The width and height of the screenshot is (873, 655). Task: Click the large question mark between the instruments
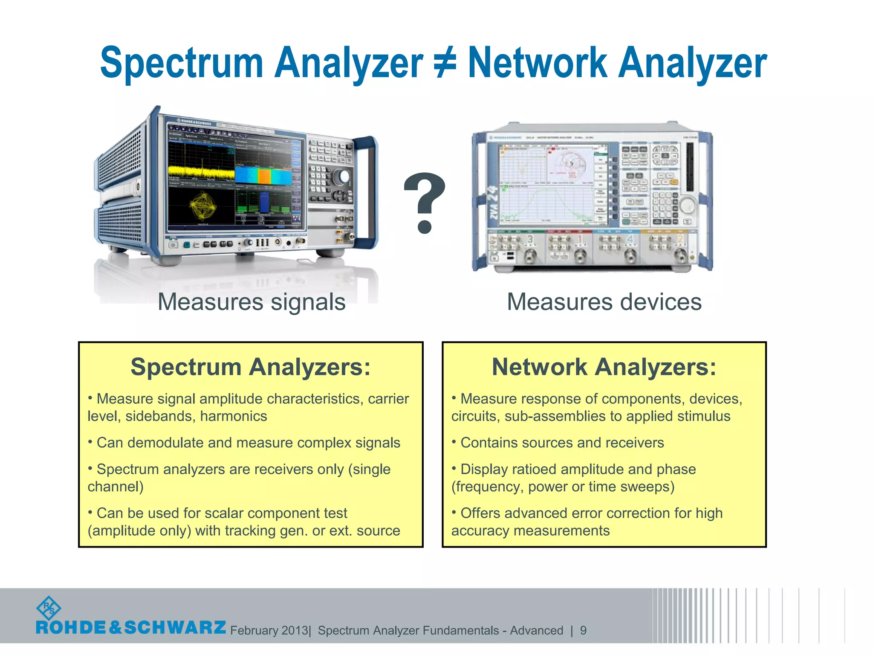424,203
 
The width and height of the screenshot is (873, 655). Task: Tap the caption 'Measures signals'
251,302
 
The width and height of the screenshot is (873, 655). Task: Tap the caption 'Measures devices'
604,302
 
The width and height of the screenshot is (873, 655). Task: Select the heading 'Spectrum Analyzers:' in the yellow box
251,367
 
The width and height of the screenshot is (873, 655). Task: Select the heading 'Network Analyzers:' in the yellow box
604,367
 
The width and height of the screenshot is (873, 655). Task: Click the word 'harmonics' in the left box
234,416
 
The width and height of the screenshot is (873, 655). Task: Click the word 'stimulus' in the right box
704,416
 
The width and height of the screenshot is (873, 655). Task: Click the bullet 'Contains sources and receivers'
562,443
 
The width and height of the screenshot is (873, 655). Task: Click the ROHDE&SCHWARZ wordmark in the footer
131,627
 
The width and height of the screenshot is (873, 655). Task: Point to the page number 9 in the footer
583,630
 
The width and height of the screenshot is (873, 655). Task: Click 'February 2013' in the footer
269,630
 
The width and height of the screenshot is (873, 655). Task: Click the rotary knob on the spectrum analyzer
344,177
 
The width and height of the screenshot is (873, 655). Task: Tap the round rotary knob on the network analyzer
687,206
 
